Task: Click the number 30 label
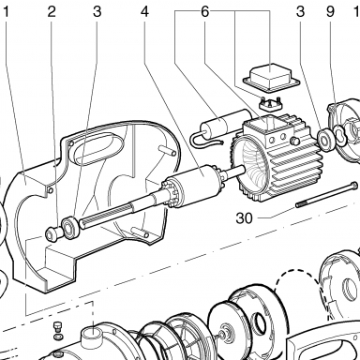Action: click(x=244, y=218)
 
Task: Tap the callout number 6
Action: click(x=204, y=12)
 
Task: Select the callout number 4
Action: click(x=144, y=12)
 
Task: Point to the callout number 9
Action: click(x=330, y=12)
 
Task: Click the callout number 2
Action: click(x=52, y=12)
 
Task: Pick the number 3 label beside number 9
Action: click(x=300, y=12)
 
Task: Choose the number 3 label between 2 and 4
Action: click(x=97, y=12)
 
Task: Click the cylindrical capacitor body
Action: click(x=224, y=123)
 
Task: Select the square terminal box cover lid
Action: click(x=271, y=78)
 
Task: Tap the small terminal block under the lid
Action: click(x=271, y=104)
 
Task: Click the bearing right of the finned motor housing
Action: click(x=325, y=138)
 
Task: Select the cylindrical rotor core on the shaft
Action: click(x=191, y=187)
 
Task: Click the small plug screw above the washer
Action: click(x=58, y=327)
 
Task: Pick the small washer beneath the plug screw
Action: click(x=58, y=337)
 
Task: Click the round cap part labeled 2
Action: click(x=52, y=234)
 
